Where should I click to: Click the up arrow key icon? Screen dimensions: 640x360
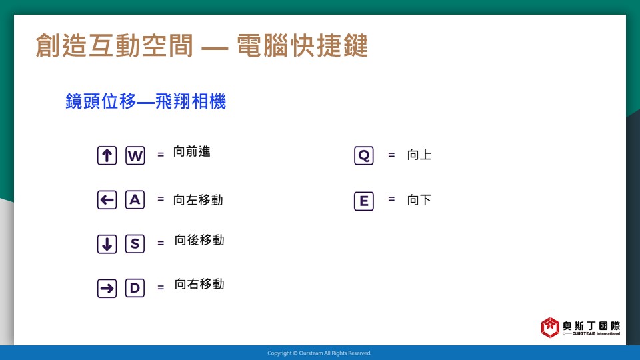(107, 155)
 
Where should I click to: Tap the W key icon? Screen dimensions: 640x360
(135, 155)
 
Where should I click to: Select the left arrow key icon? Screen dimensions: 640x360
(107, 200)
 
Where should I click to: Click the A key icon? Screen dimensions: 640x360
(135, 199)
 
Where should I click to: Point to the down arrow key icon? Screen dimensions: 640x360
(107, 244)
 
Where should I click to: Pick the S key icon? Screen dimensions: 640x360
(135, 244)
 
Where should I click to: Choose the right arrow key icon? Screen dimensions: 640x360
(107, 289)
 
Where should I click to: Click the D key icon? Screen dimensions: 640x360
(135, 288)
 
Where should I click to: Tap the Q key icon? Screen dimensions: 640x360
(364, 155)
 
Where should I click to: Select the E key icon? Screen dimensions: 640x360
(364, 201)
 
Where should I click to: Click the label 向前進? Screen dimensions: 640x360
(192, 151)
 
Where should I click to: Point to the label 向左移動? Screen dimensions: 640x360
(198, 199)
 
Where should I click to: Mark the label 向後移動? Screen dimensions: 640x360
(199, 240)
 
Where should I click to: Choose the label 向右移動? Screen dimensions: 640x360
(199, 284)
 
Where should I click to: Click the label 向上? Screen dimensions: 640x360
(419, 155)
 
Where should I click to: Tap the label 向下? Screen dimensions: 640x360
(419, 200)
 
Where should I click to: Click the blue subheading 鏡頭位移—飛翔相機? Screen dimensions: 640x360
(146, 101)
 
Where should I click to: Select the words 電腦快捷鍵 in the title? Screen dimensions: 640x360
(303, 45)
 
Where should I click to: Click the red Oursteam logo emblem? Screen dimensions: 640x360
(550, 327)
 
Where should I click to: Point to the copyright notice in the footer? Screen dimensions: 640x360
(319, 353)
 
